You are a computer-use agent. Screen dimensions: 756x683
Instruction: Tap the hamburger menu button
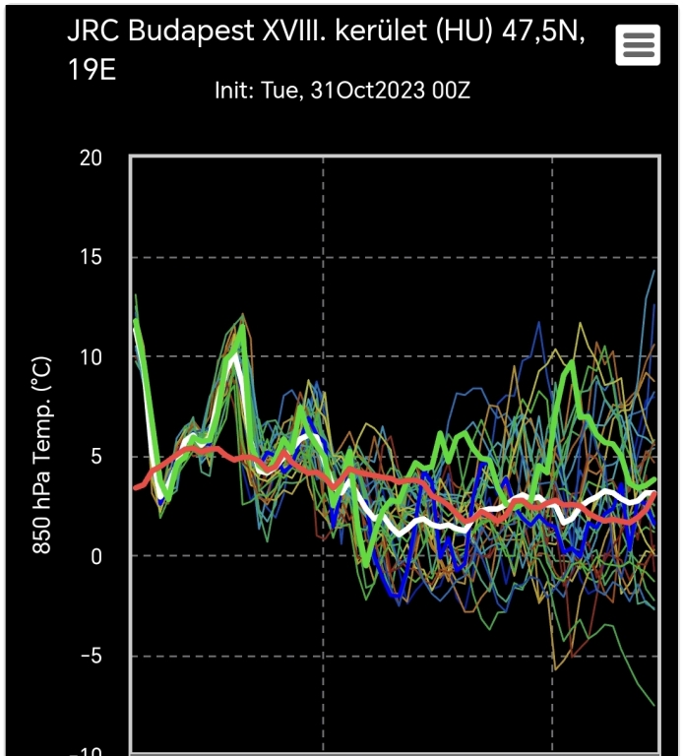click(638, 44)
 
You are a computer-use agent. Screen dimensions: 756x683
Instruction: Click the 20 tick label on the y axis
click(93, 158)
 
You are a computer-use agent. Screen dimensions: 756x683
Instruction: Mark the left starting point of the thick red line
click(136, 487)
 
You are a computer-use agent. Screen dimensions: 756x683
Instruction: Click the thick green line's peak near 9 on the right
click(572, 362)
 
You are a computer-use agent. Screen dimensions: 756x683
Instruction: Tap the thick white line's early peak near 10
click(234, 356)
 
